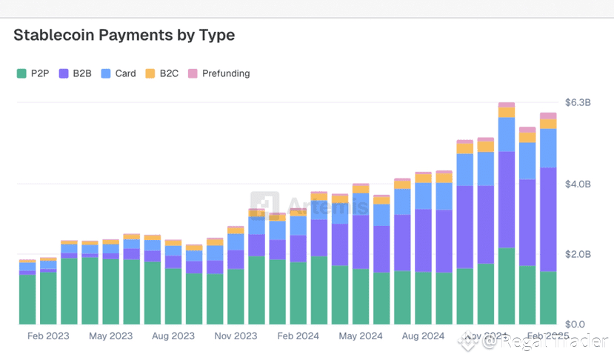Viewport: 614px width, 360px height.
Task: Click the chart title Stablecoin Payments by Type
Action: [x=124, y=35]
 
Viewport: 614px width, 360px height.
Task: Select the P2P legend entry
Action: [x=33, y=73]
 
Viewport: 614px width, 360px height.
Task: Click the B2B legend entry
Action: [x=76, y=73]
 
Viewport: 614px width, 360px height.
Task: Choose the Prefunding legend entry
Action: [x=218, y=73]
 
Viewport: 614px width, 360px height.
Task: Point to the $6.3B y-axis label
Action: [x=578, y=102]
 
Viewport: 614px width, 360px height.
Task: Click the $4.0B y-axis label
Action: [x=578, y=184]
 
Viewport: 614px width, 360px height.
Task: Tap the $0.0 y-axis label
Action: [x=575, y=324]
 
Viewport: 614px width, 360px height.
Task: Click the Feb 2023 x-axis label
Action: [x=48, y=336]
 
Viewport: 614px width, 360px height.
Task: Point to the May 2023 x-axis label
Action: [x=111, y=336]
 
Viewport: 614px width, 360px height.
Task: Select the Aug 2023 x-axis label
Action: [x=173, y=336]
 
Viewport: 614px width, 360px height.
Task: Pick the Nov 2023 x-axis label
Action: [x=236, y=336]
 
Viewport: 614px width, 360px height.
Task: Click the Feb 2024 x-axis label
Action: [x=298, y=336]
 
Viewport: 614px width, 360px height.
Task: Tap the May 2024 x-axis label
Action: [x=361, y=336]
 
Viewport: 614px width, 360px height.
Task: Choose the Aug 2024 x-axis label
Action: [x=423, y=336]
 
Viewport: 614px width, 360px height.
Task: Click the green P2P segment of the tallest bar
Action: [x=507, y=286]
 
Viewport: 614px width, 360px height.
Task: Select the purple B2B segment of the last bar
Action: [x=548, y=219]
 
